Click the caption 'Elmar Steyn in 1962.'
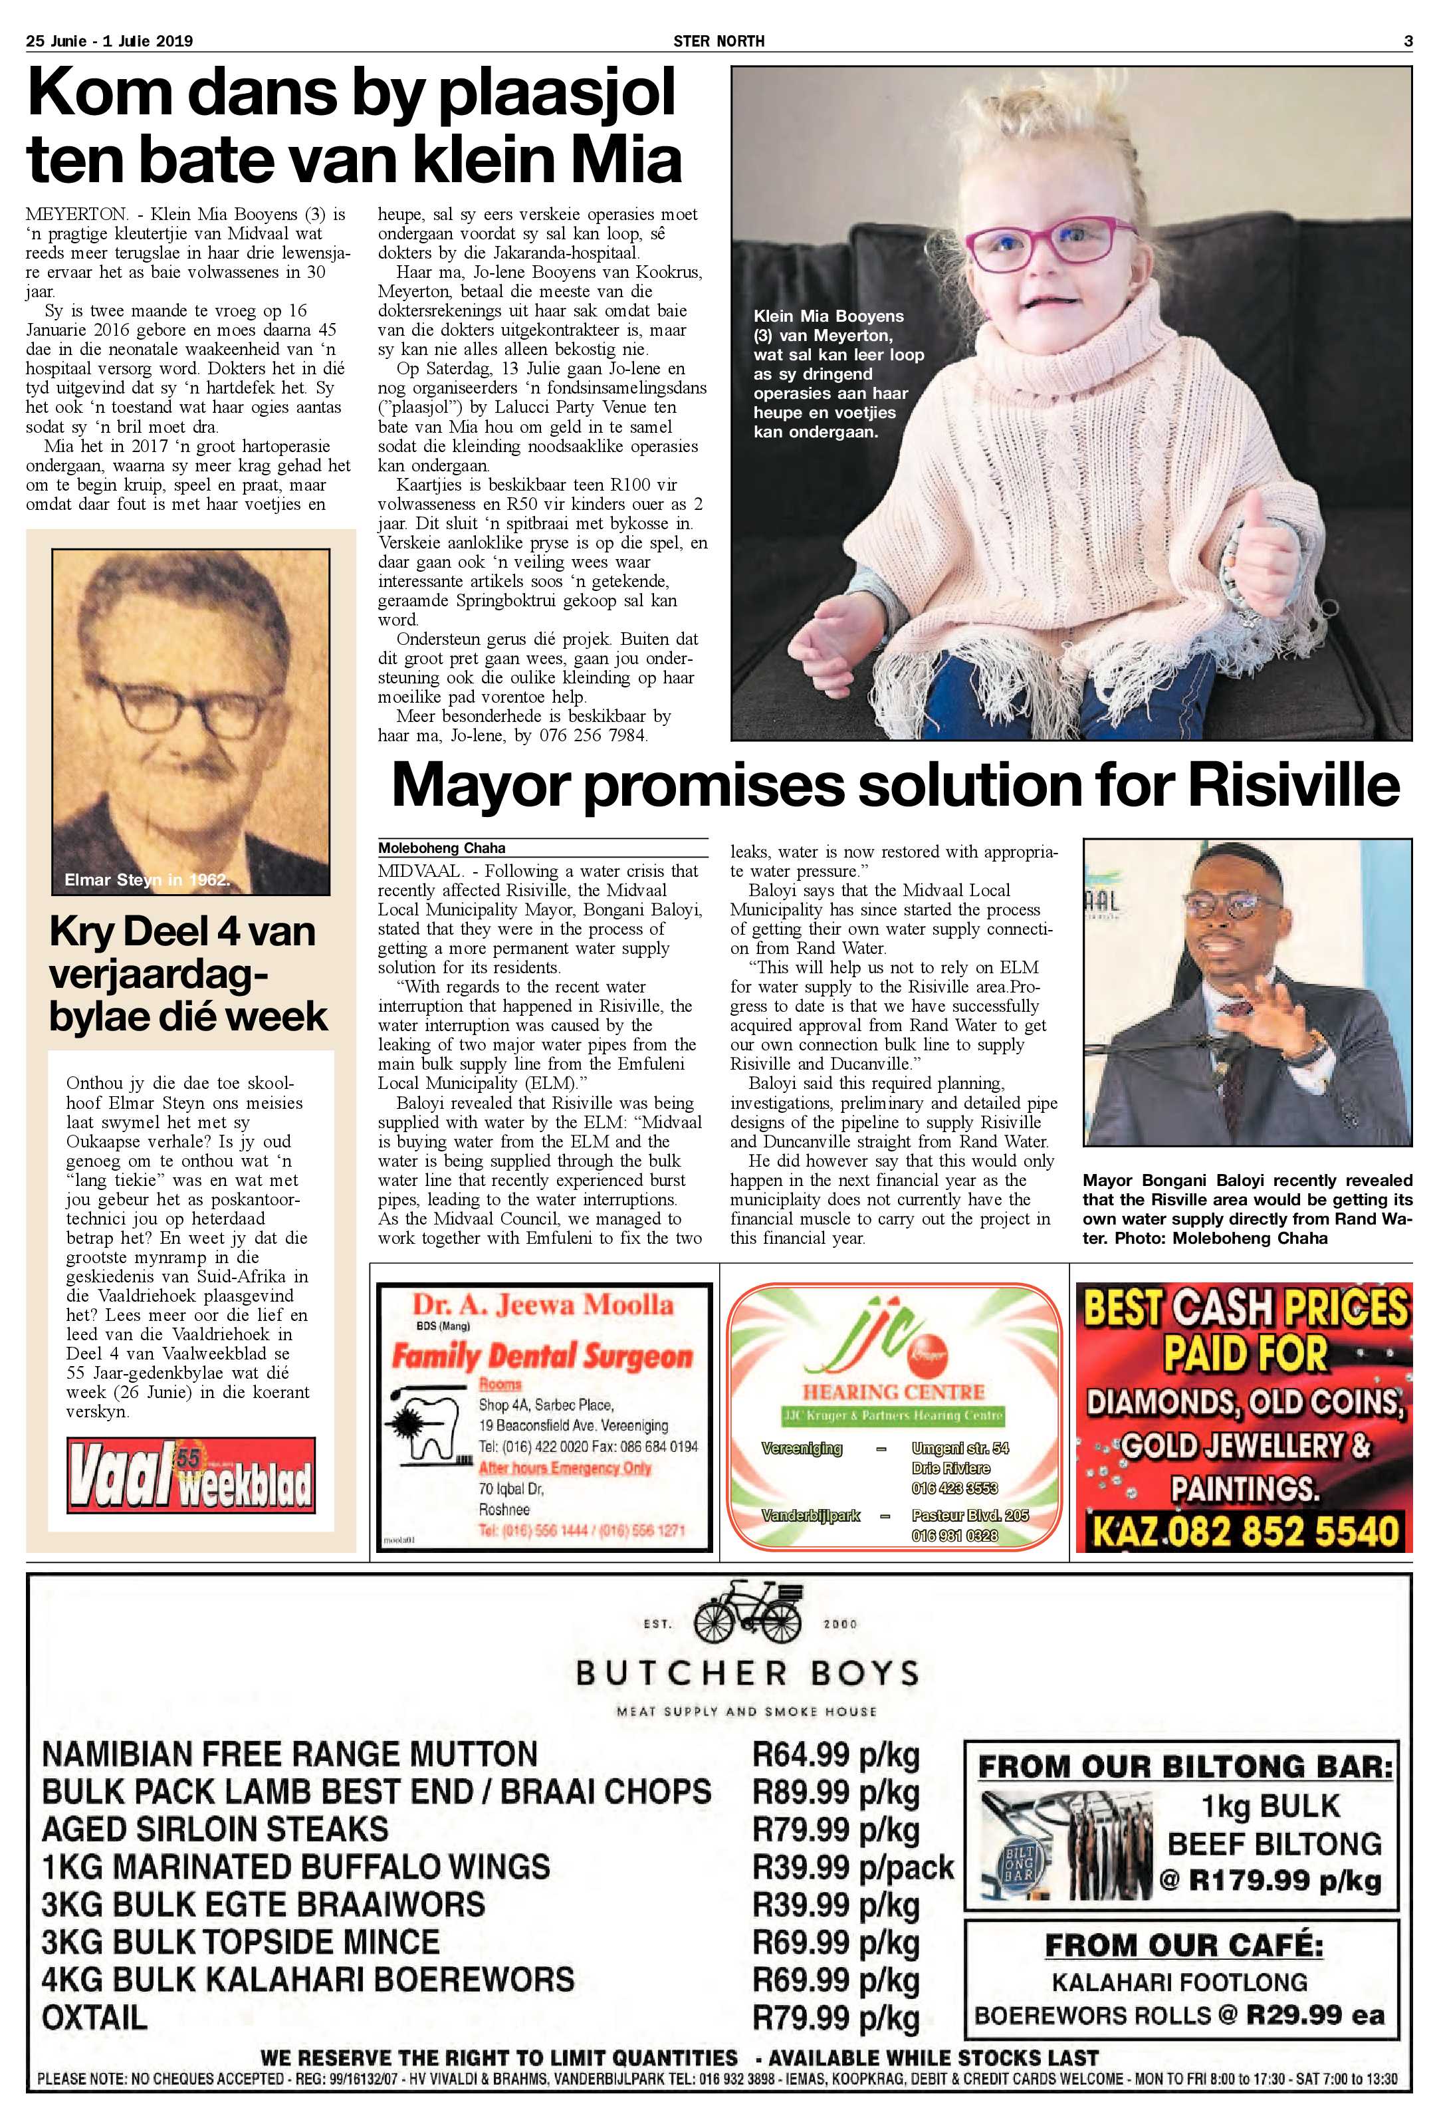(x=147, y=880)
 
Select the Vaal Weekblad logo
(x=191, y=1475)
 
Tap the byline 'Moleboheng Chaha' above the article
(x=441, y=848)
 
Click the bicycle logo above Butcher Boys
(x=748, y=1617)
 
